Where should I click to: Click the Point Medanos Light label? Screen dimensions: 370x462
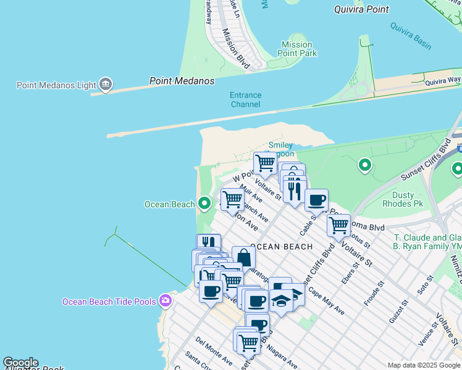(x=56, y=85)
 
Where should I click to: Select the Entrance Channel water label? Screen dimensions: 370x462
(x=245, y=100)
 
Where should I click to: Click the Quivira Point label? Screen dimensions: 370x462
(x=361, y=9)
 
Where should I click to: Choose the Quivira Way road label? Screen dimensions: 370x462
(x=442, y=80)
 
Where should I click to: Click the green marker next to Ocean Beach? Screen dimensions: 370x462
(x=204, y=203)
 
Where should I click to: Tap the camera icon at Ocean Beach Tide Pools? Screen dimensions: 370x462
(x=165, y=301)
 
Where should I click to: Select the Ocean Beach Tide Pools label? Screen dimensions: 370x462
(x=109, y=302)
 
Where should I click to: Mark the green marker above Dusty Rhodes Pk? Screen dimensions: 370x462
(x=364, y=165)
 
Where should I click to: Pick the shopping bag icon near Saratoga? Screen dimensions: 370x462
(x=243, y=257)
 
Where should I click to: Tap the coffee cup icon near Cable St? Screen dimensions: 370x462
(x=316, y=200)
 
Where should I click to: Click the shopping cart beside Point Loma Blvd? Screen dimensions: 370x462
(x=338, y=225)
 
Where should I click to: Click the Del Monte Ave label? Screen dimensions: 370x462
(x=213, y=349)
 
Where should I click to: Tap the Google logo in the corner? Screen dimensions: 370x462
(x=20, y=363)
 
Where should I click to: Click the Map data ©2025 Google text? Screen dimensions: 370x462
(x=423, y=365)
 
